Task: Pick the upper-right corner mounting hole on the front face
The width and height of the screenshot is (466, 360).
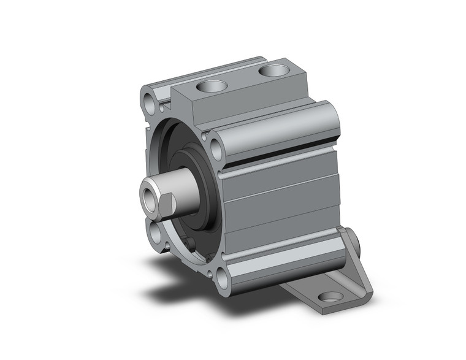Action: click(x=216, y=147)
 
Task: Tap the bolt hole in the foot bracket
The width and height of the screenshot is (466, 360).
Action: click(x=331, y=296)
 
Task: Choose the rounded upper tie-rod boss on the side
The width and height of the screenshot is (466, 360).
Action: click(x=276, y=129)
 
